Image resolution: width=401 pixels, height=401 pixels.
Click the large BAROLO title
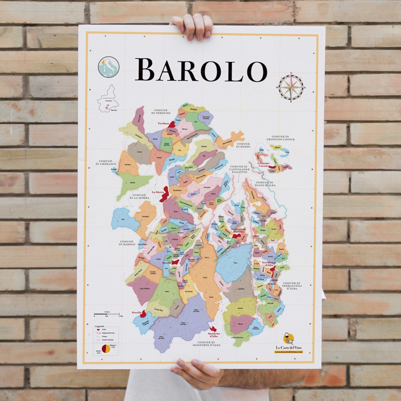pos(201,70)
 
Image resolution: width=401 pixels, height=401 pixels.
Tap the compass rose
pos(291,87)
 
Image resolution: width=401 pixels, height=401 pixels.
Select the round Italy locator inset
pos(109,67)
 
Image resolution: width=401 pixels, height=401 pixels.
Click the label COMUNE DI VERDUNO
pos(160,112)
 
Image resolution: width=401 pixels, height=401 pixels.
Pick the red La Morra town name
pos(158,192)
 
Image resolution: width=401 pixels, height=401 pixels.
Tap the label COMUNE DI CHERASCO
pos(106,163)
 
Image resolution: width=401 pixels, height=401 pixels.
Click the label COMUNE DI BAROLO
pos(126,243)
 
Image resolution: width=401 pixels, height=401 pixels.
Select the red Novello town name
pos(136,312)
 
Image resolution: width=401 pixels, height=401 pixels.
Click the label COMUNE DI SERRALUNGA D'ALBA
pos(291,286)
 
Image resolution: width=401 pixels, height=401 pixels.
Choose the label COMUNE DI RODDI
pos(243,145)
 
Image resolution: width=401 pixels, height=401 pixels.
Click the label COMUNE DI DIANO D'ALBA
pos(265,184)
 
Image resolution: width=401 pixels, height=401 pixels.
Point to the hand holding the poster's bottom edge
pos(192,372)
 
